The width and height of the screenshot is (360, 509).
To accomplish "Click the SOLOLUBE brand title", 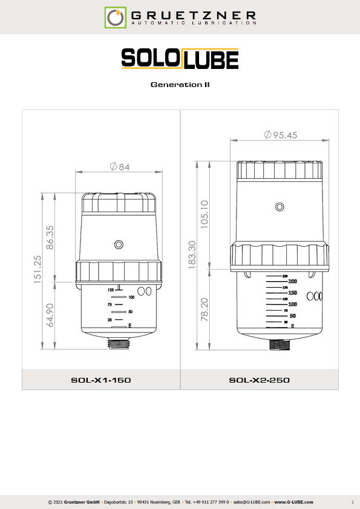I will (180, 59).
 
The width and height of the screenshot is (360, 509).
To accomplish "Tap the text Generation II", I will (180, 85).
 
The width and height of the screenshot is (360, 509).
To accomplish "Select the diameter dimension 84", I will (120, 167).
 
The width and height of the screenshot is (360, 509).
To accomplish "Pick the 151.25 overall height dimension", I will (36, 270).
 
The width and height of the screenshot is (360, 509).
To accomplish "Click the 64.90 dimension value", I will (49, 316).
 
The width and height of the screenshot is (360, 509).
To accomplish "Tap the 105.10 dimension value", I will (204, 213).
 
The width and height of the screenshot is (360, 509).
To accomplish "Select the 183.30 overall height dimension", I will (191, 256).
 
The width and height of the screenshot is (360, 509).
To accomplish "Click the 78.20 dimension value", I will (204, 308).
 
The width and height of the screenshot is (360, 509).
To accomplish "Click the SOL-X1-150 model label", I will (101, 380).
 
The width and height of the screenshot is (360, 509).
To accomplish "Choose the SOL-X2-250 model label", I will (259, 380).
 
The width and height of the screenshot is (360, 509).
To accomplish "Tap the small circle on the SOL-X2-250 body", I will (280, 207).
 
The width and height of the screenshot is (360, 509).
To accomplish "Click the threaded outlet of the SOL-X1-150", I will (120, 344).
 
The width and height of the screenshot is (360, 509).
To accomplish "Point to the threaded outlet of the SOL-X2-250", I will (280, 344).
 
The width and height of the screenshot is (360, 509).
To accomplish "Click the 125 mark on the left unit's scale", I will (111, 290).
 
